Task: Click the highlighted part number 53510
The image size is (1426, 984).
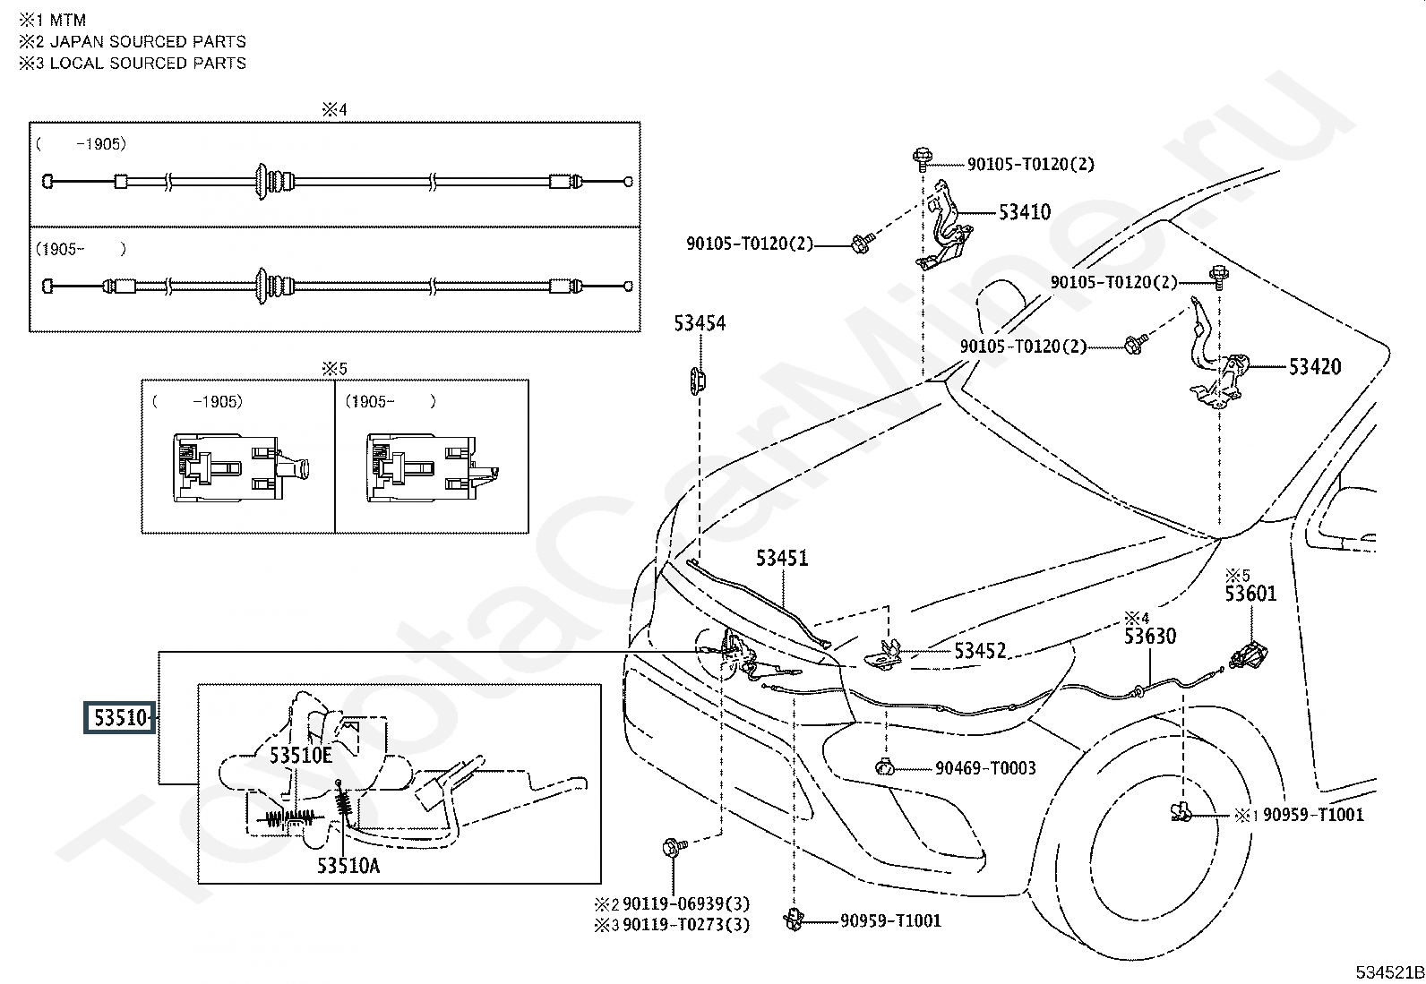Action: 120,717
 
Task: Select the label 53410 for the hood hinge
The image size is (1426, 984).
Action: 1025,212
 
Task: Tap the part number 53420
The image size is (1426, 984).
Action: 1315,366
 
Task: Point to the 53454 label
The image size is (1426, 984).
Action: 700,323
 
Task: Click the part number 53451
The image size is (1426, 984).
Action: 782,558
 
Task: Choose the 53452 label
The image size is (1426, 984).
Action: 980,651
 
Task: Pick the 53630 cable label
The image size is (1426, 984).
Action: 1150,636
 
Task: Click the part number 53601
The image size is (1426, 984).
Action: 1251,594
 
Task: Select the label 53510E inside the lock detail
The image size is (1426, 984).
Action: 300,756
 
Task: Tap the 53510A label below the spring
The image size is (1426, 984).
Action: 348,866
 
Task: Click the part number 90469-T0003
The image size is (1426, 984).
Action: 985,768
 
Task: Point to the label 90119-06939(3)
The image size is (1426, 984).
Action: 686,903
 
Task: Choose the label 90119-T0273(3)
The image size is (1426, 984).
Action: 686,925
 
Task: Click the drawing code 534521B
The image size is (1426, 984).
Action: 1389,972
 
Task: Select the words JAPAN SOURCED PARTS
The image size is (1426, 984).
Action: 148,42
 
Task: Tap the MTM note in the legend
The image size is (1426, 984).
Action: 67,21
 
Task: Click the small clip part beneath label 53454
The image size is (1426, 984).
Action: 698,381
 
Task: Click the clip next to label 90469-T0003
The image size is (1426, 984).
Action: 885,768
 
